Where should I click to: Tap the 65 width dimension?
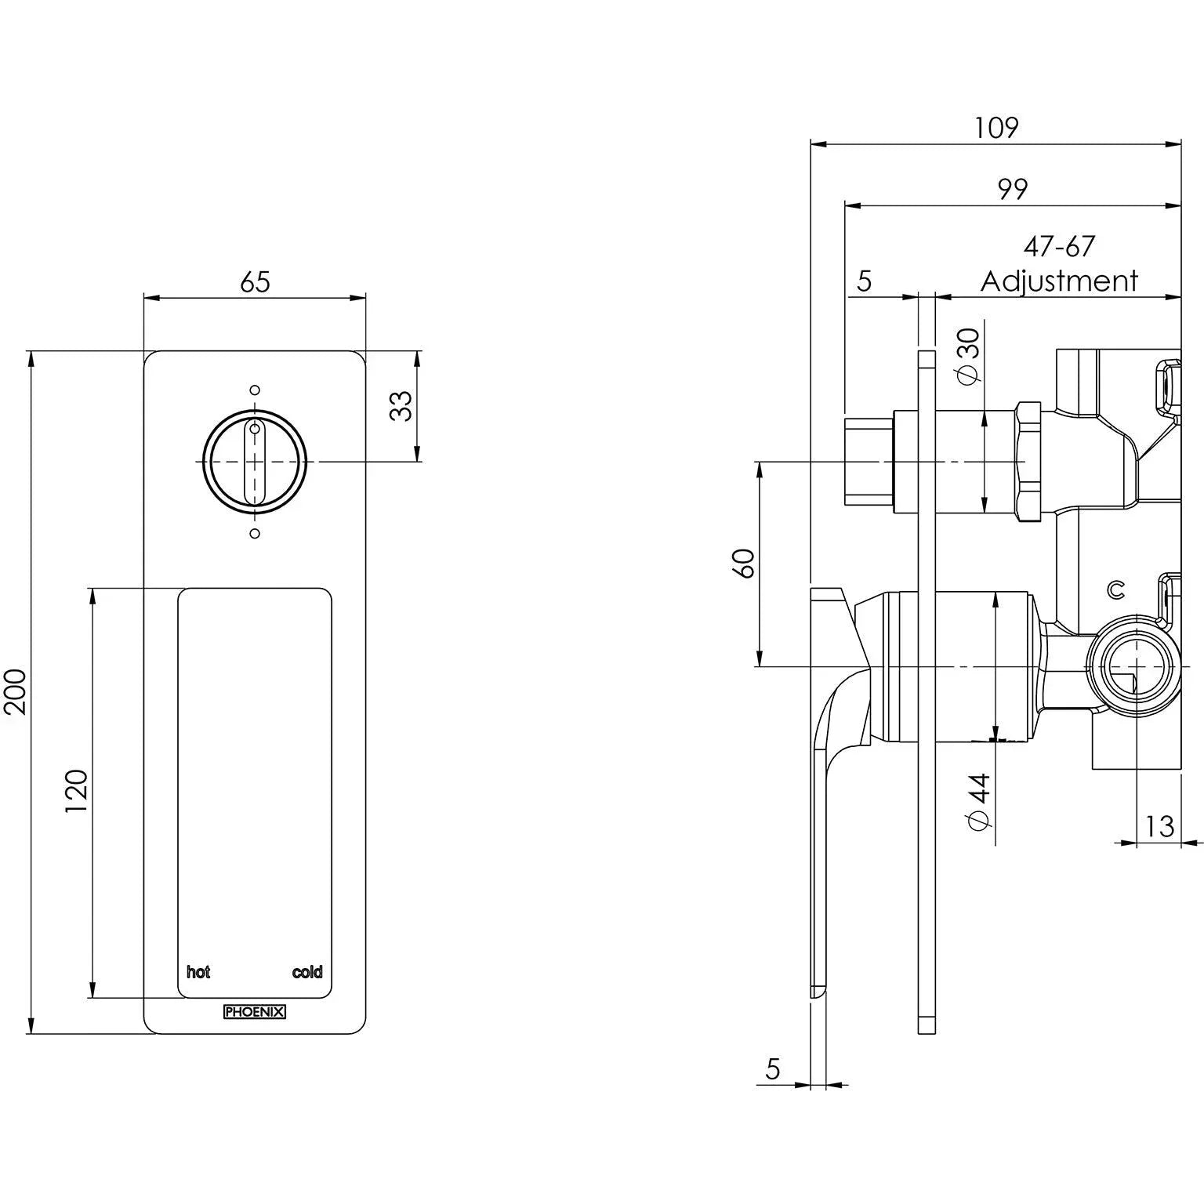(x=255, y=281)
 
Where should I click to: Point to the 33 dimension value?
(x=401, y=405)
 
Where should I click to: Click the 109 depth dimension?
(x=995, y=127)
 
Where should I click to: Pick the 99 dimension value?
(x=1012, y=189)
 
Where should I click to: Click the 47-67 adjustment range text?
(x=1058, y=247)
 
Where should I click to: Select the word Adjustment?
(x=1058, y=281)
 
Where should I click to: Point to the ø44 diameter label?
(x=979, y=801)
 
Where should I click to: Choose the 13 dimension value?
(x=1159, y=826)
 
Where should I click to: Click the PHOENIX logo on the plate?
(x=255, y=1012)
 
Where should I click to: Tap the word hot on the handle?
(x=198, y=972)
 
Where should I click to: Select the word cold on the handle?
(x=307, y=972)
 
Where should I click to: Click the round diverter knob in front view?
(x=254, y=462)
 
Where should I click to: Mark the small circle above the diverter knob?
(x=254, y=390)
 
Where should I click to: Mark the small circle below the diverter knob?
(x=254, y=534)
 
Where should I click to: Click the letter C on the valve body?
(x=1115, y=589)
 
